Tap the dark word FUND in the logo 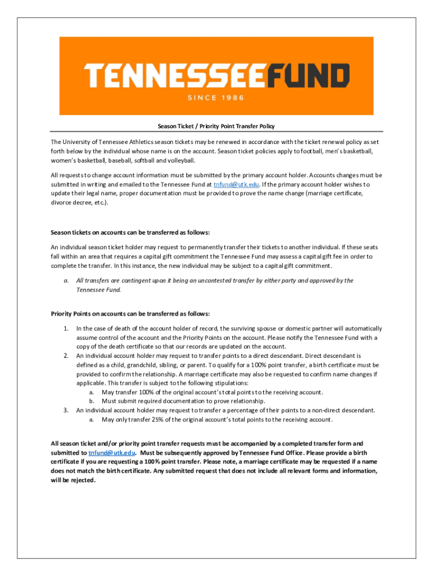coord(307,77)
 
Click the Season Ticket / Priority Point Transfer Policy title coord(216,126)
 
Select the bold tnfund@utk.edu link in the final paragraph coord(112,452)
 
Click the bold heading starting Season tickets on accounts coord(130,232)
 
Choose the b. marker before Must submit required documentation coord(92,401)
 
